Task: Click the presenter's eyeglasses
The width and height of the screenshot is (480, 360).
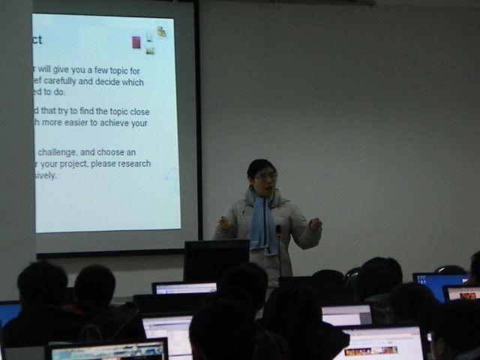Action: coord(265,177)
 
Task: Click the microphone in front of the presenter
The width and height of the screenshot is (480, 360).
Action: coord(278,231)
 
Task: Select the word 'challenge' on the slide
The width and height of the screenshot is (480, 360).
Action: coord(61,152)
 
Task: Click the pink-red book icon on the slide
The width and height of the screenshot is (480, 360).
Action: coord(136,42)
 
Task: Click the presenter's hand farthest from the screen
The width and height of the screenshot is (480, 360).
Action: coord(316,223)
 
